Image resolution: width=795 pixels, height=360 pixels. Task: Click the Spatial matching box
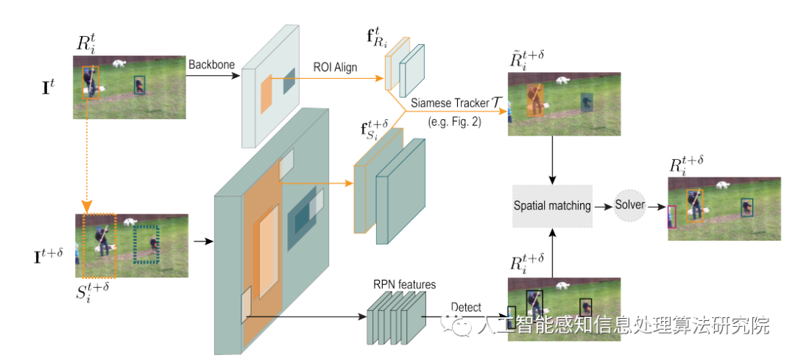(553, 205)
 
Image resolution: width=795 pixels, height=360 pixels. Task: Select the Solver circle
(629, 205)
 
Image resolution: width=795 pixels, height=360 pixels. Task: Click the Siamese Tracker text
(447, 103)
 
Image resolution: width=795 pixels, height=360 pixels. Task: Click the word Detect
(466, 307)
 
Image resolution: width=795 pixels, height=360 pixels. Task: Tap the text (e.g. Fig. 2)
(453, 123)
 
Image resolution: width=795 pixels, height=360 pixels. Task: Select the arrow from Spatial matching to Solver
(603, 206)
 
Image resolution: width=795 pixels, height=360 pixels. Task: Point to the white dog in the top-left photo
(119, 63)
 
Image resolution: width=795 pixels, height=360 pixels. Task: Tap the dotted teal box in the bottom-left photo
(146, 244)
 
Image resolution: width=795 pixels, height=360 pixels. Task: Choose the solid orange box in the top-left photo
(91, 82)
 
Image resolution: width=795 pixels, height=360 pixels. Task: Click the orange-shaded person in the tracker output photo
(536, 100)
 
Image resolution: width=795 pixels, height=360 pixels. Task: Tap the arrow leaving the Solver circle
(656, 206)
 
